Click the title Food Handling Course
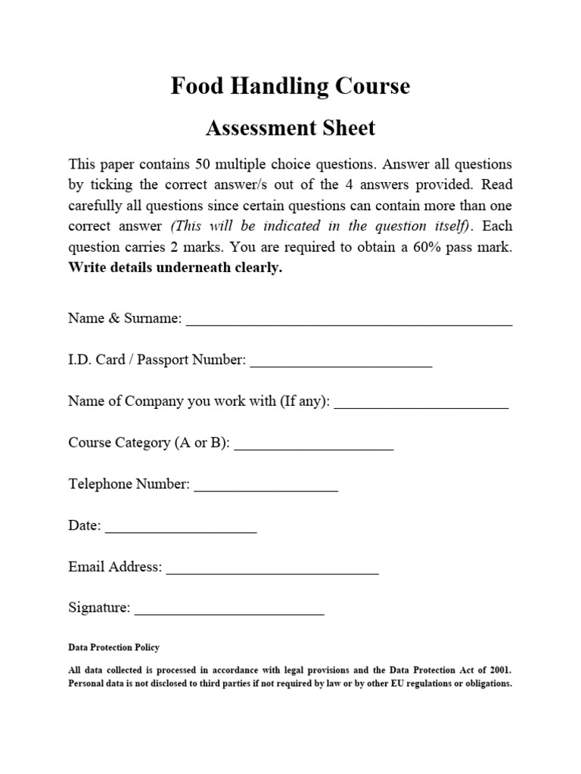290,86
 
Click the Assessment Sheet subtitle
290,128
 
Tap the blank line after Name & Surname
349,320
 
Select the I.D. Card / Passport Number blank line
340,362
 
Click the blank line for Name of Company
421,404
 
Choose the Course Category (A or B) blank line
314,444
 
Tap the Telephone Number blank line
266,486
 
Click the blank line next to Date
181,528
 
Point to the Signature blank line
228,610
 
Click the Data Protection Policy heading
113,648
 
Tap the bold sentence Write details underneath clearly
175,268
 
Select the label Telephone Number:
129,484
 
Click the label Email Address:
115,567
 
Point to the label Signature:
99,608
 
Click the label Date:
85,525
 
